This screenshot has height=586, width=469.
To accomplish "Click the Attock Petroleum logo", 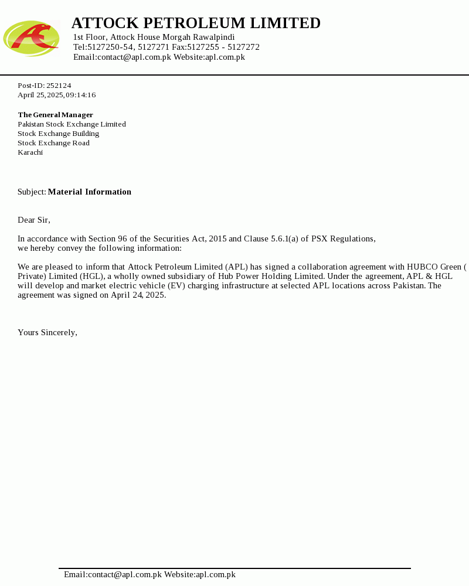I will pos(32,38).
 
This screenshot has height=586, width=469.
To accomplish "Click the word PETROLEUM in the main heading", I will pos(194,23).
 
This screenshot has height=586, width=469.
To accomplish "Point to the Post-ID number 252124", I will pos(59,86).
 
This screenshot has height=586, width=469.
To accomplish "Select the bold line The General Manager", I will pos(56,115).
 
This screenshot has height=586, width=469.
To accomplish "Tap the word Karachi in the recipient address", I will pos(30,152).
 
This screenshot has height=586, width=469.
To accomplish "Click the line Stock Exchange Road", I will pos(53,143).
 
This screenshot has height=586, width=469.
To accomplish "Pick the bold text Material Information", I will pos(90,192).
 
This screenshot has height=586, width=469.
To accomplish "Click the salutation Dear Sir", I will pos(34,220).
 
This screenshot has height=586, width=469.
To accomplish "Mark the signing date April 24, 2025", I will pos(138,295).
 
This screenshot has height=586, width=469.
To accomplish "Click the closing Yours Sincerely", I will pos(47,332).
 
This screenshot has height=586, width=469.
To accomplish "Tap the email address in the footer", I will pos(113,574).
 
